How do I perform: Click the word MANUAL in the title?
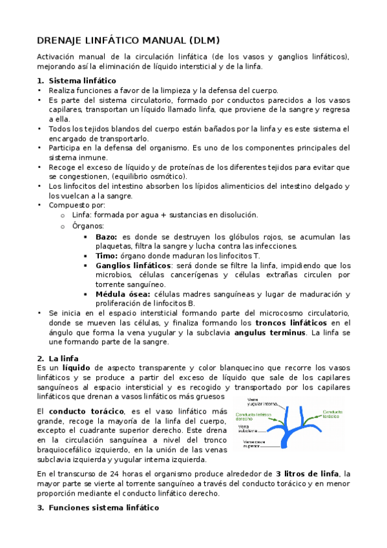pyautogui.click(x=152, y=39)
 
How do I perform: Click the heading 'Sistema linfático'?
pyautogui.click(x=82, y=81)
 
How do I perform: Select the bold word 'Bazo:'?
pyautogui.click(x=107, y=237)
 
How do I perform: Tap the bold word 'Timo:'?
pyautogui.click(x=108, y=256)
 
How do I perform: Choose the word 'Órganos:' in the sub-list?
pyautogui.click(x=88, y=226)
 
